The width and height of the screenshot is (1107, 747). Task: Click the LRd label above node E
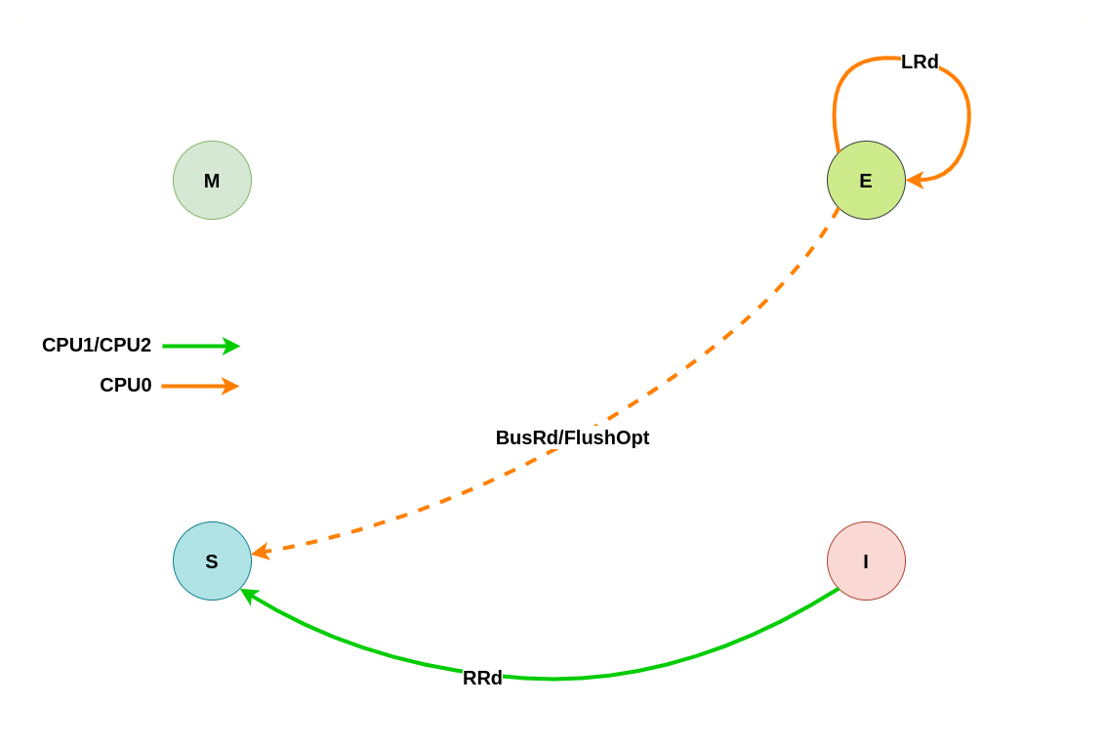coord(920,62)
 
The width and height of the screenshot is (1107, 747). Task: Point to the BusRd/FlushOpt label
coord(572,437)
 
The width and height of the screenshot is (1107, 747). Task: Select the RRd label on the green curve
coord(482,678)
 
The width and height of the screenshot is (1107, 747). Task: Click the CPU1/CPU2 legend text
coord(97,345)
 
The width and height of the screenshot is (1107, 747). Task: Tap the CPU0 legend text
coord(126,385)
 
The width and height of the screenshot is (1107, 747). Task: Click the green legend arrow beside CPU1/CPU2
coord(200,346)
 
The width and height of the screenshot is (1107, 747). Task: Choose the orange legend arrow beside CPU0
coord(200,386)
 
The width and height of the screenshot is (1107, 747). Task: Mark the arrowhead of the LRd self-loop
coord(915,180)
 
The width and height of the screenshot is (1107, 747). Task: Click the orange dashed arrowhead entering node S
coord(260,552)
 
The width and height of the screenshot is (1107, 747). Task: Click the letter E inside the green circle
coord(866,181)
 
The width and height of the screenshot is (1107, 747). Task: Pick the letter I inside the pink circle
coord(866,561)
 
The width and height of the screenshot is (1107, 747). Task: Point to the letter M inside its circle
coord(212,181)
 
